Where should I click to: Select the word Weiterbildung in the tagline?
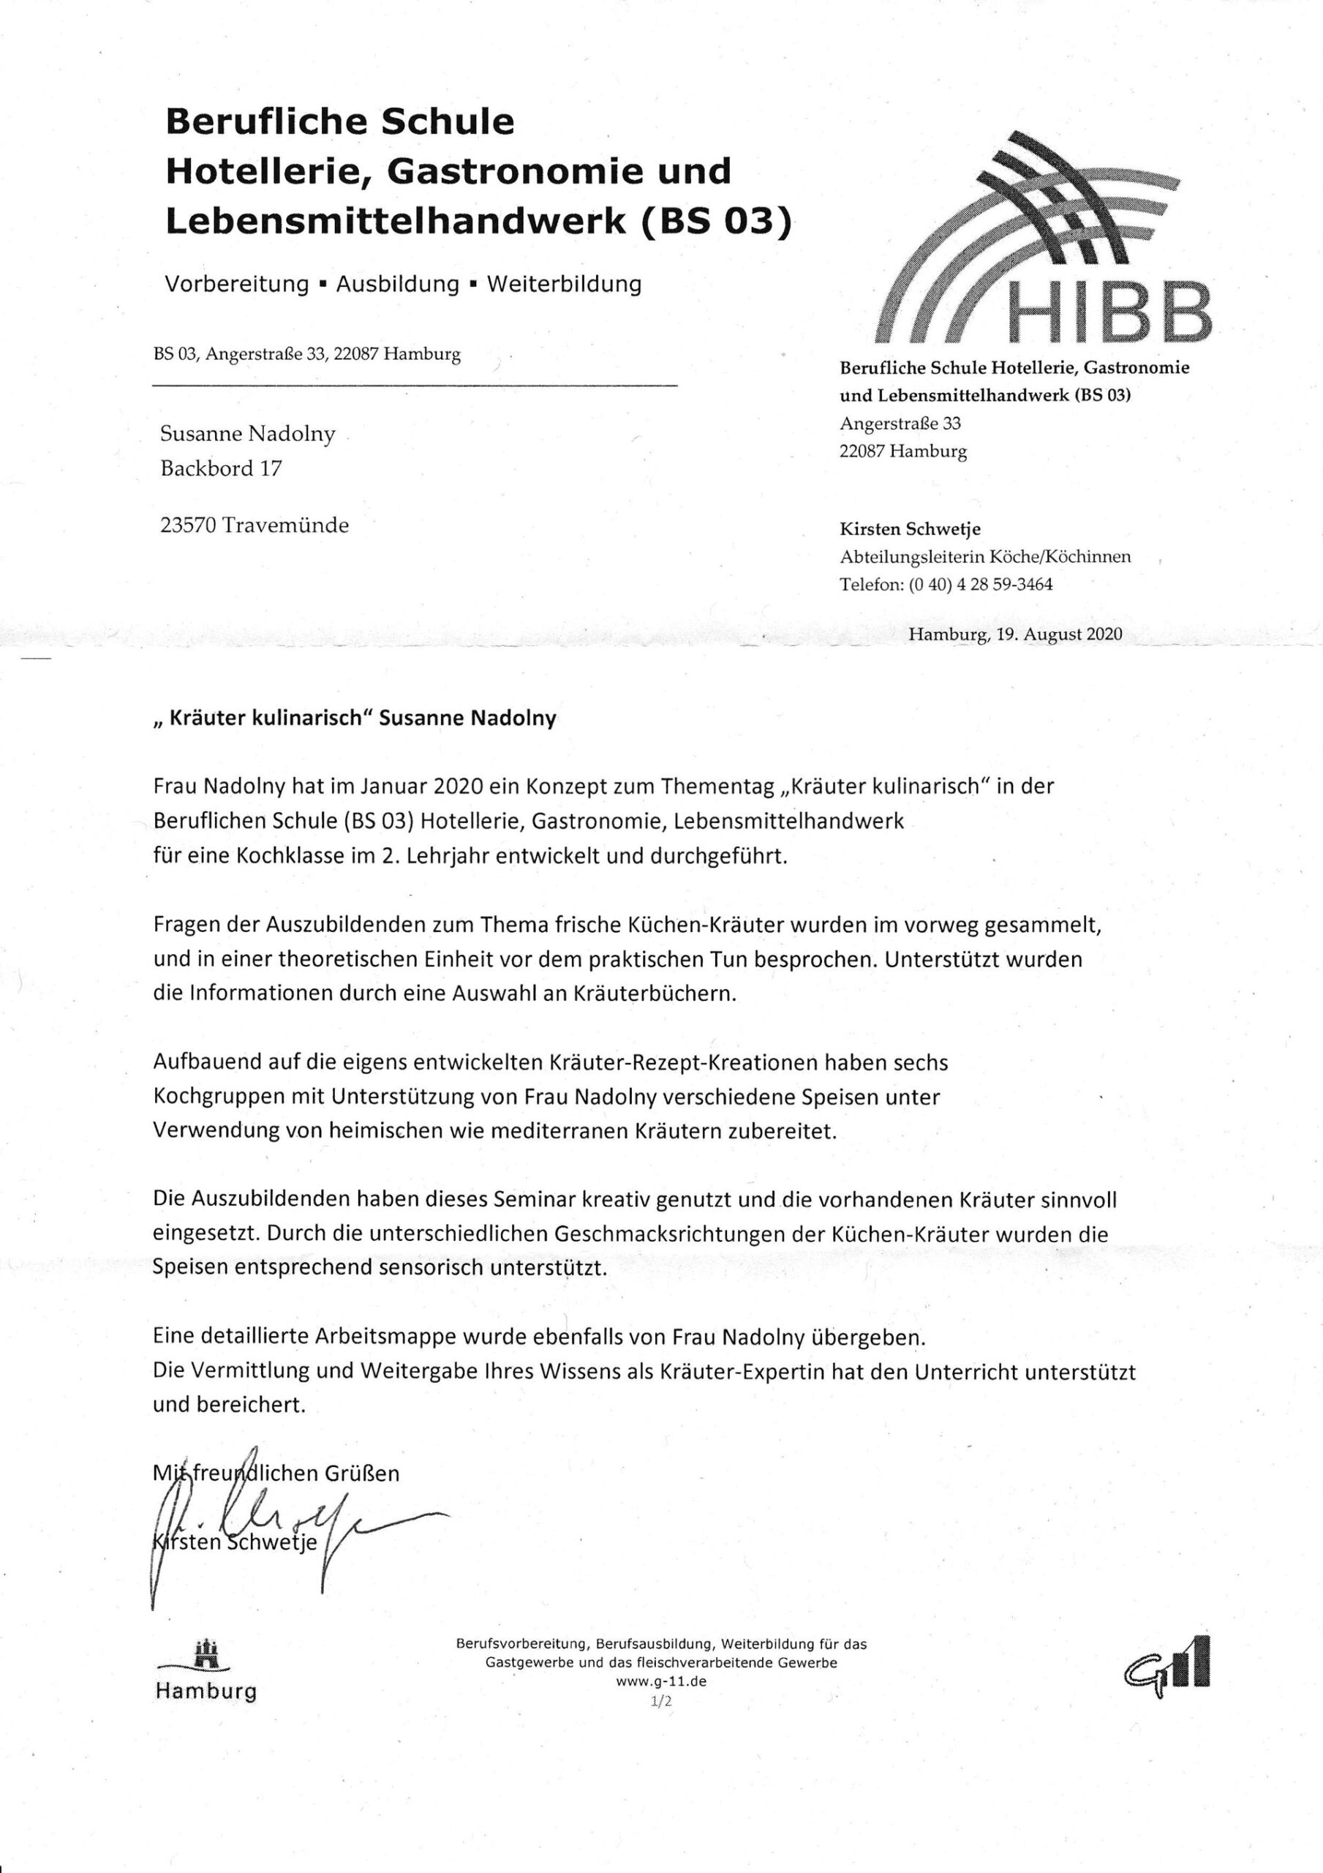coord(564,284)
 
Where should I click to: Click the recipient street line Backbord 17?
coord(221,469)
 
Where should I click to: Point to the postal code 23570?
coord(188,525)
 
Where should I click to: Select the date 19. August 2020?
coord(1058,634)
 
